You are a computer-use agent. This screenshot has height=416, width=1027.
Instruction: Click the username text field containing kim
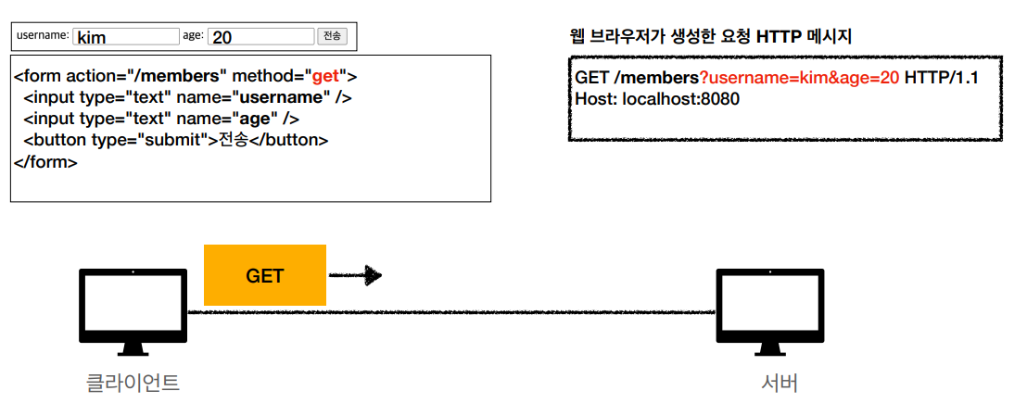pyautogui.click(x=125, y=36)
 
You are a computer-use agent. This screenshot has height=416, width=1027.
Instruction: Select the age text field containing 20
pyautogui.click(x=261, y=36)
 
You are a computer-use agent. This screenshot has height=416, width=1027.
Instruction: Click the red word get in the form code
pyautogui.click(x=325, y=76)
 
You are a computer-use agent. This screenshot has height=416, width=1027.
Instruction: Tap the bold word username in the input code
pyautogui.click(x=281, y=97)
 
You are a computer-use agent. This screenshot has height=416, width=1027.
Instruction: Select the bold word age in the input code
pyautogui.click(x=256, y=119)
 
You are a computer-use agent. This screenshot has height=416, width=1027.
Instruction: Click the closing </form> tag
pyautogui.click(x=45, y=161)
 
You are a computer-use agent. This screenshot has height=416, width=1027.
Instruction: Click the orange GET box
pyautogui.click(x=265, y=275)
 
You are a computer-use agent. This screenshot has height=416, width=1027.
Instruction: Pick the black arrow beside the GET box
pyautogui.click(x=356, y=275)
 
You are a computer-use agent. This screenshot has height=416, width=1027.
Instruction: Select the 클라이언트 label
pyautogui.click(x=133, y=382)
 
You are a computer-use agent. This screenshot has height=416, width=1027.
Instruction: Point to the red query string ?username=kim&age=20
pyautogui.click(x=799, y=78)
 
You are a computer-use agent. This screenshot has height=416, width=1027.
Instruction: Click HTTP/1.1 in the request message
pyautogui.click(x=941, y=78)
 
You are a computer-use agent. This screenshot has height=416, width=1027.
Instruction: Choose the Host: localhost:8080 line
pyautogui.click(x=657, y=98)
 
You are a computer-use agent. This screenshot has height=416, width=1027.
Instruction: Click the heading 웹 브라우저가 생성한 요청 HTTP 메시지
pyautogui.click(x=710, y=37)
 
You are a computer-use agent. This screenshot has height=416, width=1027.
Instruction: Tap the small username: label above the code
pyautogui.click(x=43, y=35)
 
